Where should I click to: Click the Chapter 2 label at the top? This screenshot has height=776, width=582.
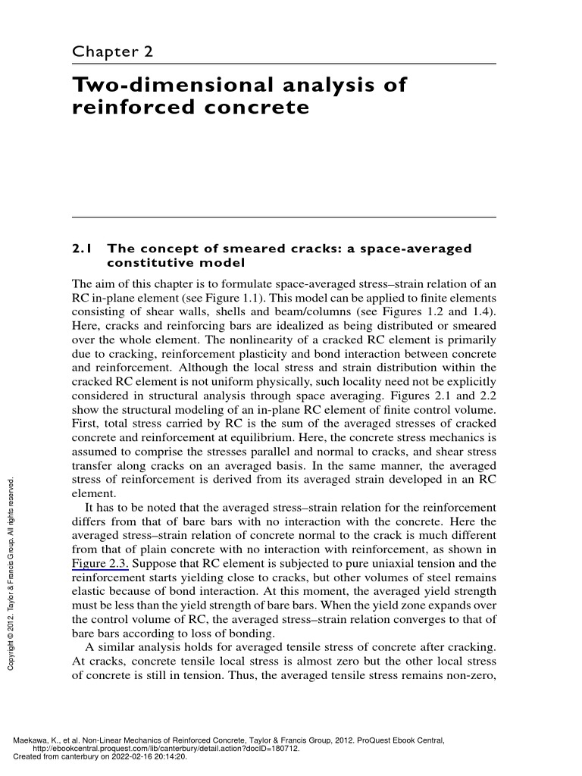[x=112, y=52]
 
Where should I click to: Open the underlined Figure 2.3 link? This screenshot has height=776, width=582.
[x=101, y=563]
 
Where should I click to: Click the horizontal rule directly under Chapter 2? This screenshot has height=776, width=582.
[x=283, y=64]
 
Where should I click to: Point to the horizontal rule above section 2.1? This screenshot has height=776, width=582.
[x=283, y=217]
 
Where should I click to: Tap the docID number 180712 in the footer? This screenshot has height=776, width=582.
[x=284, y=748]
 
